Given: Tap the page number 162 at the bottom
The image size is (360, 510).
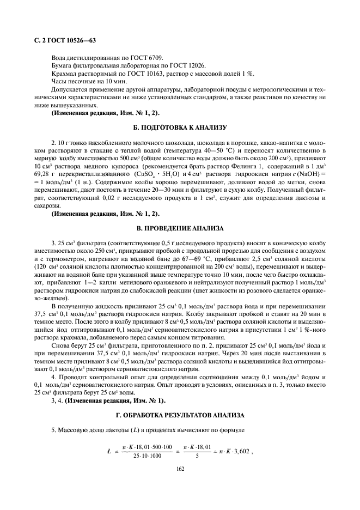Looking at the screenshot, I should (180, 467).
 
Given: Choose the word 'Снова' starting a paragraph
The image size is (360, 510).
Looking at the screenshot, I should (60, 346).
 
